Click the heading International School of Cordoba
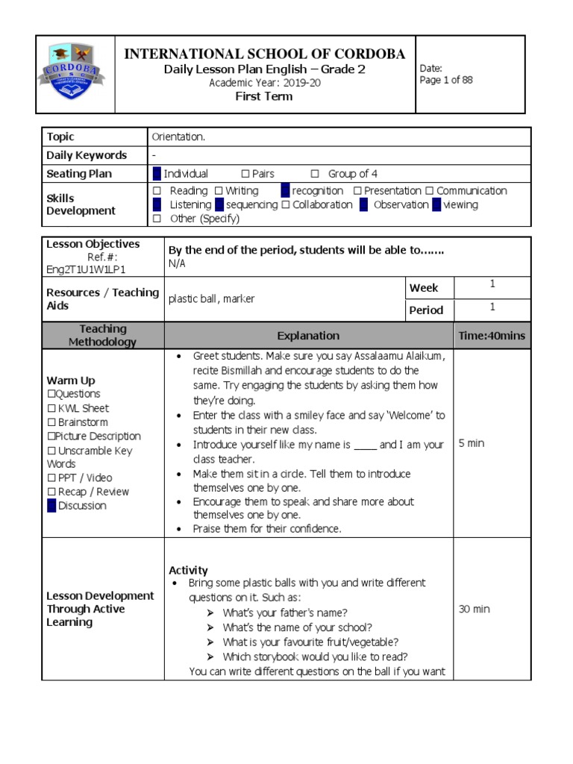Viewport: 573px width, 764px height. click(x=264, y=54)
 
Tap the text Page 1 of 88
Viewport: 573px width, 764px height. click(x=446, y=81)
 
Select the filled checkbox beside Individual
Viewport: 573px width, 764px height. click(x=156, y=174)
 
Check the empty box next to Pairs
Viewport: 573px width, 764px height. click(x=245, y=174)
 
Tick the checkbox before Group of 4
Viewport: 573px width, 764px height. click(x=314, y=174)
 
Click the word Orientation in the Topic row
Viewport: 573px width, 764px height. click(x=178, y=137)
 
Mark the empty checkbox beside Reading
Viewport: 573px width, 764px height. click(x=157, y=191)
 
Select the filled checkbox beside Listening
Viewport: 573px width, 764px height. click(x=157, y=204)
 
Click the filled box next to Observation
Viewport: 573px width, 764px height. click(x=363, y=204)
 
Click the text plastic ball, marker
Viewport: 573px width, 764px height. click(x=212, y=298)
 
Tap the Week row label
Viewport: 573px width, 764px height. click(x=424, y=288)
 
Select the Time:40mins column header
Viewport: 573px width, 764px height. click(x=492, y=336)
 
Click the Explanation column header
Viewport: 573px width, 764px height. click(x=308, y=336)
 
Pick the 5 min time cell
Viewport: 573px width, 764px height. click(x=471, y=443)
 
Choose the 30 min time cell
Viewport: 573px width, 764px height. click(x=474, y=609)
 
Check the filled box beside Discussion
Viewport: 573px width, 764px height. click(x=51, y=506)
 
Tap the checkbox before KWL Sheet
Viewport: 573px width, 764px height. click(x=51, y=408)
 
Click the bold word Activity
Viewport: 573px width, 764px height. click(x=188, y=570)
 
